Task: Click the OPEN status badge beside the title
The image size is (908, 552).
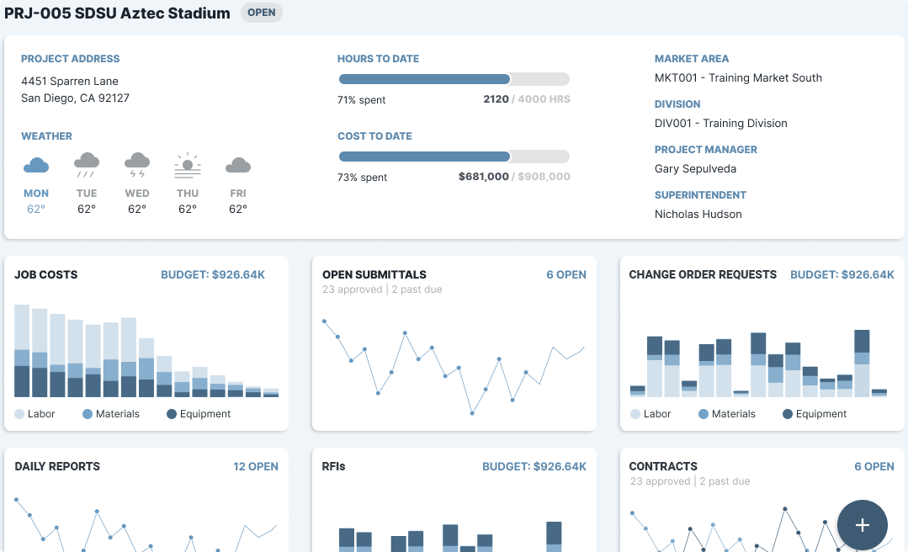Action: tap(261, 13)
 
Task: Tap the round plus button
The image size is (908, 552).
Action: tap(862, 525)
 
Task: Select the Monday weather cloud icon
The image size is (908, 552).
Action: tap(36, 165)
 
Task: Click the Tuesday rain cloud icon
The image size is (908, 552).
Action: tap(87, 164)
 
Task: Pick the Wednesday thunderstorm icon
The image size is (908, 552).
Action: tap(137, 164)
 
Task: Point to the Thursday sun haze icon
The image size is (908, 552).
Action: tap(188, 164)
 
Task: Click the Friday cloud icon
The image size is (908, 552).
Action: tap(238, 165)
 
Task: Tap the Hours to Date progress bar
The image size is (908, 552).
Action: tap(454, 79)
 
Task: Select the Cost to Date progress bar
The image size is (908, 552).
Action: tap(454, 157)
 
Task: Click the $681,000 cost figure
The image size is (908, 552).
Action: tap(483, 177)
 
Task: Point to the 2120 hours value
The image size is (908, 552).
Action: tap(496, 99)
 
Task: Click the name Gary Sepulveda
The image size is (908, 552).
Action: tap(695, 168)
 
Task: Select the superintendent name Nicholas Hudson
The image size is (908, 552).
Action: tap(698, 214)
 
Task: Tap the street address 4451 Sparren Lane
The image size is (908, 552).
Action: tap(70, 81)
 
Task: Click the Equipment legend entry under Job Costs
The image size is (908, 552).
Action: tap(199, 414)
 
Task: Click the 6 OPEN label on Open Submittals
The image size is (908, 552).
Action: tap(566, 274)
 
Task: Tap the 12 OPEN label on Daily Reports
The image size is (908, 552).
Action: tap(255, 466)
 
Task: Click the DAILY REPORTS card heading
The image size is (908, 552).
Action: tap(57, 466)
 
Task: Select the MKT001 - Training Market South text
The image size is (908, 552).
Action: tap(738, 77)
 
